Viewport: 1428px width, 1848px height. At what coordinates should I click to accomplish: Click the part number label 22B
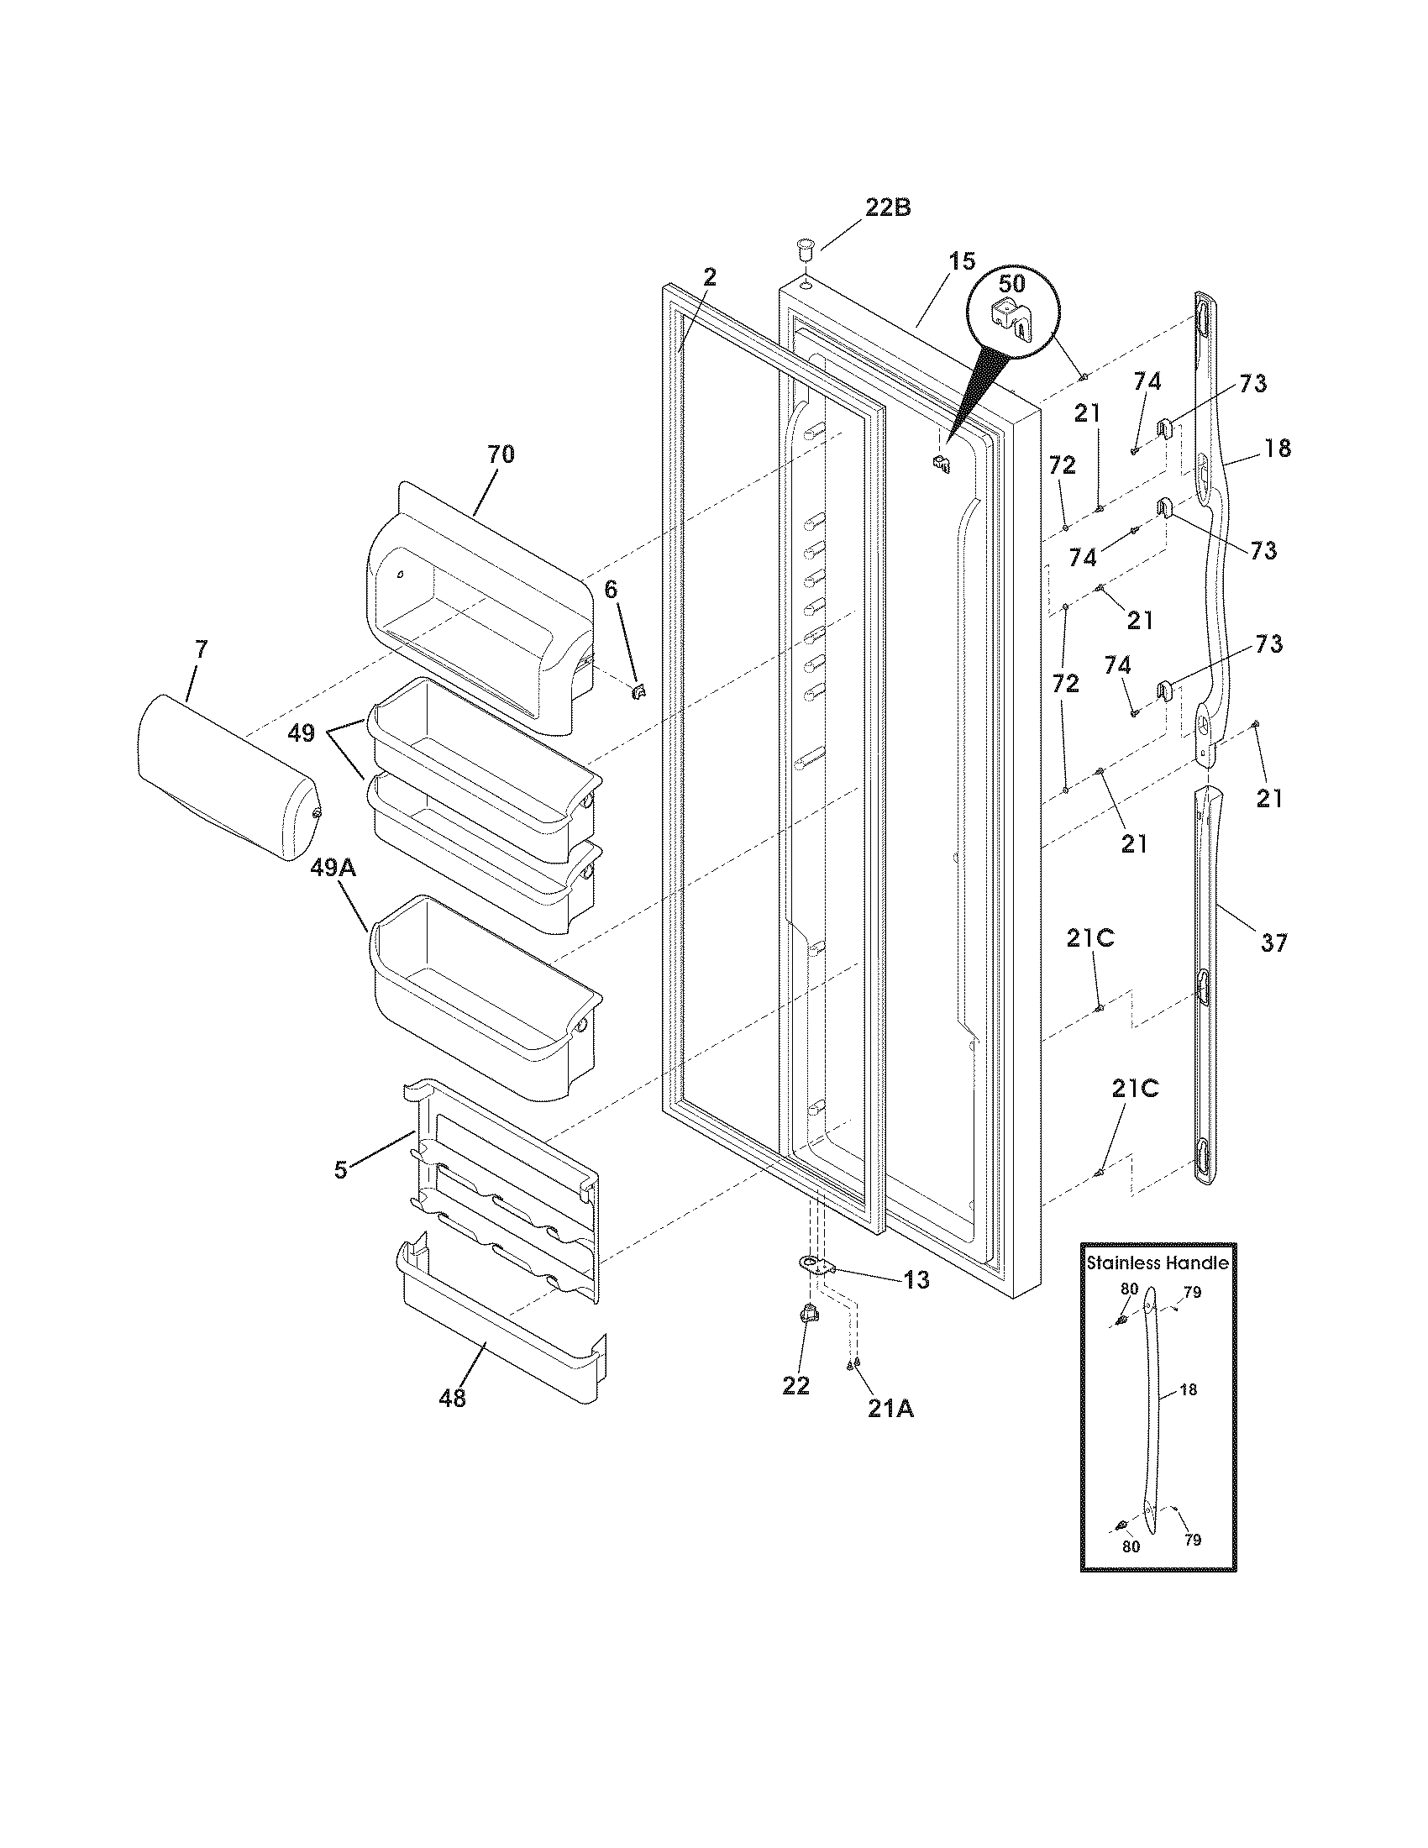[x=887, y=207]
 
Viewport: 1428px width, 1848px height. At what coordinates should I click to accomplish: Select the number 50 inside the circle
[x=1012, y=282]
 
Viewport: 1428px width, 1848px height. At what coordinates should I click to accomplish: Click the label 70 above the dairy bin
[x=500, y=454]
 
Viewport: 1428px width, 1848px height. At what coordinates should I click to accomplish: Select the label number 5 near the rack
[x=341, y=1171]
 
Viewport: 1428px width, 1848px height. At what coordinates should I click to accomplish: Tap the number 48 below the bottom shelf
[x=453, y=1399]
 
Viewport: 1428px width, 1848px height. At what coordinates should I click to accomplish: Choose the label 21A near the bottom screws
[x=890, y=1408]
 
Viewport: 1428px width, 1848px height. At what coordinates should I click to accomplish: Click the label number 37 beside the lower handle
[x=1274, y=942]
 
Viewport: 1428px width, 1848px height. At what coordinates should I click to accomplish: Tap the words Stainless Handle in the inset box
[x=1158, y=1263]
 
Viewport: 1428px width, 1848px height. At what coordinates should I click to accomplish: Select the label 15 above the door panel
[x=961, y=261]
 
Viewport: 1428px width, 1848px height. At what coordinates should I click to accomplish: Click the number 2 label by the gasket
[x=710, y=276]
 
